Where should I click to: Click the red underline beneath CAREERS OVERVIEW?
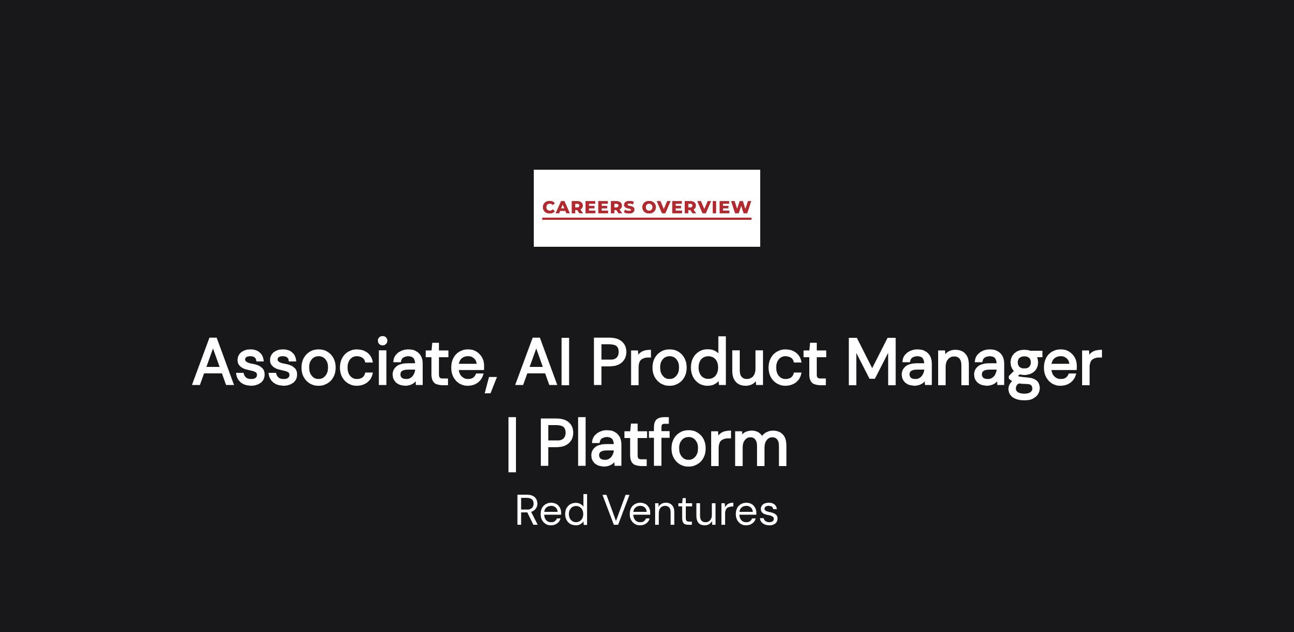point(647,219)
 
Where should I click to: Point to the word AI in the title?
point(542,362)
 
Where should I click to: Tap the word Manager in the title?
point(974,366)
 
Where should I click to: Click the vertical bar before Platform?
point(512,443)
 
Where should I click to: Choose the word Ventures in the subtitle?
point(691,511)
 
